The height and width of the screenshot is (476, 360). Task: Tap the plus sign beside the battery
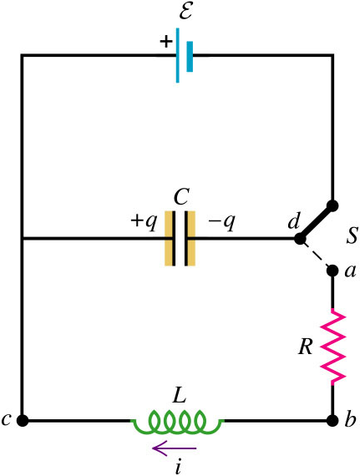pyautogui.click(x=166, y=41)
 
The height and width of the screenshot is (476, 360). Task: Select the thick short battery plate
pyautogui.click(x=190, y=57)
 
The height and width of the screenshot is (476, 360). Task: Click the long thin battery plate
pyautogui.click(x=178, y=55)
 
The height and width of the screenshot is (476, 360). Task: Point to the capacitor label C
pyautogui.click(x=182, y=197)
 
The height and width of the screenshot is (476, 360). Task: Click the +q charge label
pyautogui.click(x=144, y=221)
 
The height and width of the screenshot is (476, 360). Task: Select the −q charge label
pyautogui.click(x=221, y=221)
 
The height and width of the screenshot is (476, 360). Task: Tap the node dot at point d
pyautogui.click(x=301, y=239)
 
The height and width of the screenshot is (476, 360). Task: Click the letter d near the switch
pyautogui.click(x=293, y=221)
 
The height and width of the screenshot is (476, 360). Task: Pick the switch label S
pyautogui.click(x=352, y=235)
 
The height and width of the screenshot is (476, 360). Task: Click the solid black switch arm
pyautogui.click(x=317, y=222)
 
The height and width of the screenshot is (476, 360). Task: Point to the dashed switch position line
pyautogui.click(x=317, y=255)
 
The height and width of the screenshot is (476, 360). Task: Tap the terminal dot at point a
pyautogui.click(x=332, y=270)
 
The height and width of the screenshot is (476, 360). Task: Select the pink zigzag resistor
pyautogui.click(x=333, y=347)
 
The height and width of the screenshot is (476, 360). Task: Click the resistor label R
pyautogui.click(x=305, y=347)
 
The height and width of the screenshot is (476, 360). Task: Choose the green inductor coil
pyautogui.click(x=178, y=421)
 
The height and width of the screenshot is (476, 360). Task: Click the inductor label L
pyautogui.click(x=179, y=395)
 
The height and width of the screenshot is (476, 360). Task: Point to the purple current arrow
pyautogui.click(x=175, y=448)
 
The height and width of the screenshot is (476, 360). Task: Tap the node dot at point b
pyautogui.click(x=332, y=420)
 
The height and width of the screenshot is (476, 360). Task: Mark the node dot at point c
pyautogui.click(x=23, y=420)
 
